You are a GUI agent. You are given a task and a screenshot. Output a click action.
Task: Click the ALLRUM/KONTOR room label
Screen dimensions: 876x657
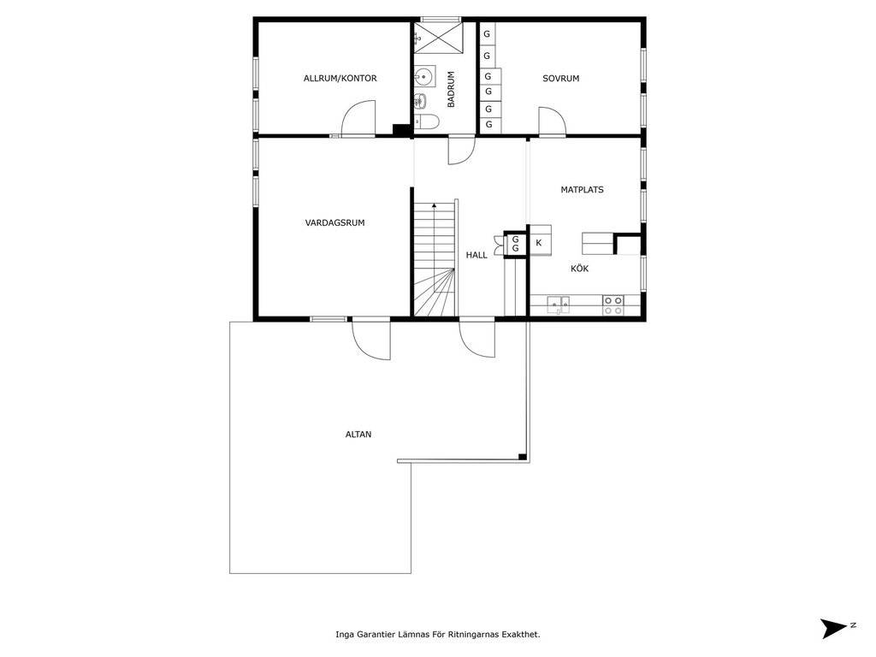pos(340,78)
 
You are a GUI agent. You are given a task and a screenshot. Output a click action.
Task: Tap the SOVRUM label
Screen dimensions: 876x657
pos(561,78)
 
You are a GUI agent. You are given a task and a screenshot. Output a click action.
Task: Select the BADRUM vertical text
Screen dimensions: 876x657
pos(451,89)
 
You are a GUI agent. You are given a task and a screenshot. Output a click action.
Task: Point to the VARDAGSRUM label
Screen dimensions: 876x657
pos(334,222)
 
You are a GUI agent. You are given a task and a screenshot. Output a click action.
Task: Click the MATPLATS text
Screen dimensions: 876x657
pos(582,189)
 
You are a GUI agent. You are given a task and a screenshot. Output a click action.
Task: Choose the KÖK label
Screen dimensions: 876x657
pos(579,268)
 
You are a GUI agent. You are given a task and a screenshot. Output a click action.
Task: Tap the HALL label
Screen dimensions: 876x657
pos(476,255)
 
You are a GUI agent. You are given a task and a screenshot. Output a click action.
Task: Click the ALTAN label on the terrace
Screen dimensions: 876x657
pos(358,434)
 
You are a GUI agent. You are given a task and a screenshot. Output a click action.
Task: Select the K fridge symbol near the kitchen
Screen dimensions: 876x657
pos(539,243)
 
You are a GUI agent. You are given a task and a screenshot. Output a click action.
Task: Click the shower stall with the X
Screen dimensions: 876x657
pos(438,38)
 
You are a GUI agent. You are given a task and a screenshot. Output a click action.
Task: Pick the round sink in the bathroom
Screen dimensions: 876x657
pos(424,76)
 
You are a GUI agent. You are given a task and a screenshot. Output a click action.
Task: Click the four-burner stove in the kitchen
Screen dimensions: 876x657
pos(613,305)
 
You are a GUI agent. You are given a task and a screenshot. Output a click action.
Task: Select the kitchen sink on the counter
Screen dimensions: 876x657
pos(558,305)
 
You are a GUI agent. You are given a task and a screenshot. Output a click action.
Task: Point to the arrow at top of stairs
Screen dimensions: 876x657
pos(434,205)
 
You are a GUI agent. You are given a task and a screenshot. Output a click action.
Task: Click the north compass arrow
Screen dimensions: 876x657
pos(834,628)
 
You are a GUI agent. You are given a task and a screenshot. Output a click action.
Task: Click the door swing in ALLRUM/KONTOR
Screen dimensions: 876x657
pos(358,117)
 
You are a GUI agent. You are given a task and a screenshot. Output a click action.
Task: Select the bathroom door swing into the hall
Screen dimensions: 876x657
pos(461,151)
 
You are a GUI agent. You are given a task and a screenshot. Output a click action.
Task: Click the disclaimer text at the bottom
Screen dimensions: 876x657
pos(438,634)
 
